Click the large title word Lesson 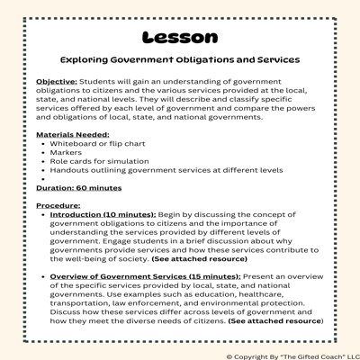[179, 38]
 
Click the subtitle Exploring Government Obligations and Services [179, 60]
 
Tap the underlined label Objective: [56, 82]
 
